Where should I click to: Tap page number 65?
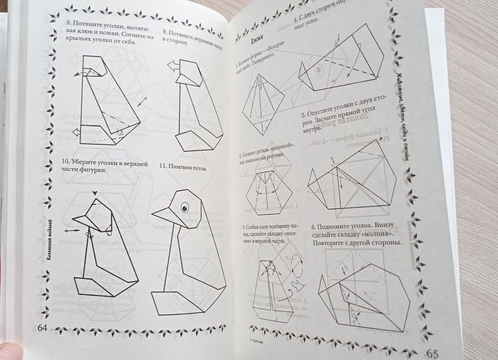[431, 354]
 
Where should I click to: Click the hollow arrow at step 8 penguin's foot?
[76, 133]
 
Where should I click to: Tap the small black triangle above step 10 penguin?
[95, 193]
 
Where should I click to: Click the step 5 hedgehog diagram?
[352, 180]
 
